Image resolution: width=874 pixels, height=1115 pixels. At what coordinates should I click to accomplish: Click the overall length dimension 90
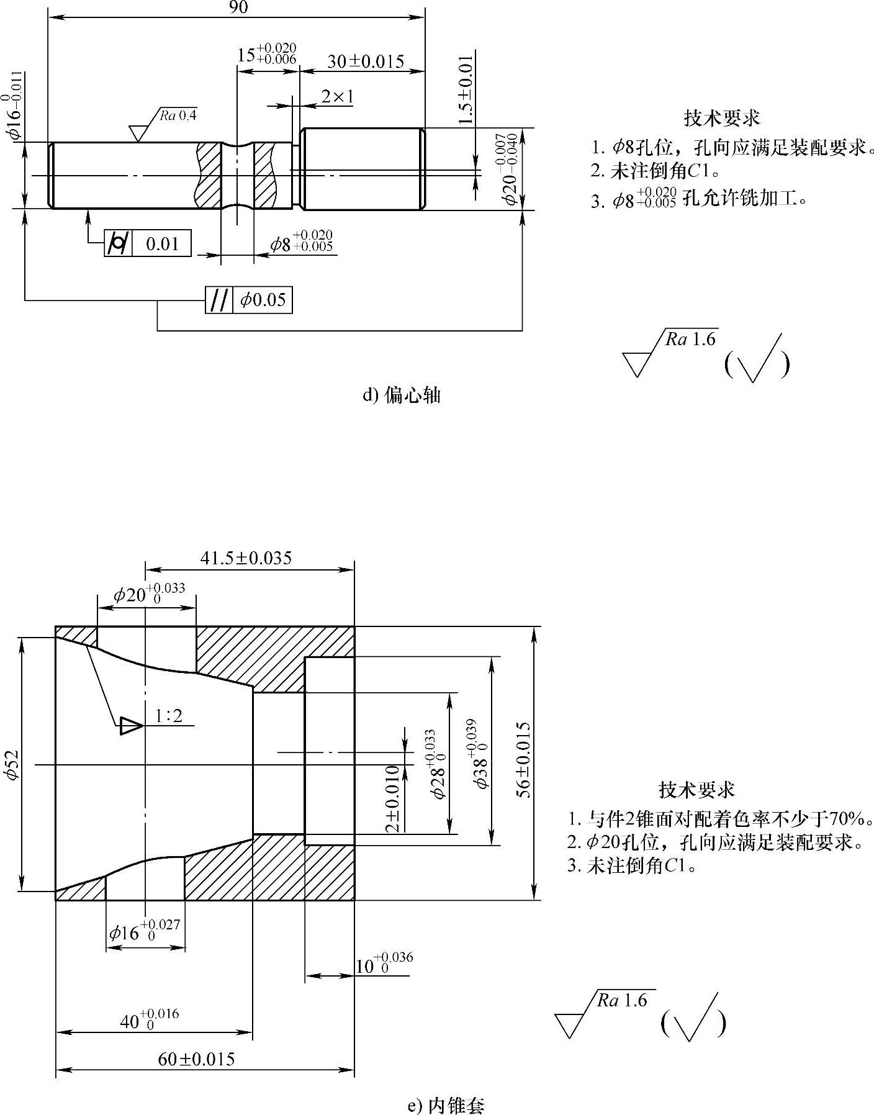click(238, 7)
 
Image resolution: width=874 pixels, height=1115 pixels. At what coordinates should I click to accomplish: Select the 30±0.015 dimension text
click(366, 61)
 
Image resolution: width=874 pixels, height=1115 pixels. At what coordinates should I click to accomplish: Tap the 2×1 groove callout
click(337, 96)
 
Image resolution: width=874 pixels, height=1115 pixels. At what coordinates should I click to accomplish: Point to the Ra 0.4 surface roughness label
click(178, 115)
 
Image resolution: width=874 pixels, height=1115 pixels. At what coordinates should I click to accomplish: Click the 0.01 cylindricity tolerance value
click(162, 244)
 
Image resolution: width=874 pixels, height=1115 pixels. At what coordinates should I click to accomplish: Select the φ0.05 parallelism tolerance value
click(263, 300)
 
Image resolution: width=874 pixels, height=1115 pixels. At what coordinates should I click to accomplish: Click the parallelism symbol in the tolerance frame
click(219, 300)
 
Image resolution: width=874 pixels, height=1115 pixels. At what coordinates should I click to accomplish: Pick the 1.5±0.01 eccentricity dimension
click(466, 89)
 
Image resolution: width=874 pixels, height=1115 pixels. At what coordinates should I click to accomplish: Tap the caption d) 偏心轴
click(401, 395)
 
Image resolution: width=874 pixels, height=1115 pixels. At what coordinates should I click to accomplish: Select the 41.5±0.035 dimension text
click(246, 557)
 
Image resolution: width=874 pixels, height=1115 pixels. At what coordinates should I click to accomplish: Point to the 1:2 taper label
click(169, 716)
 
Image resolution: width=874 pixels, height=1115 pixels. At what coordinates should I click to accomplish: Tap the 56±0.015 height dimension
click(525, 759)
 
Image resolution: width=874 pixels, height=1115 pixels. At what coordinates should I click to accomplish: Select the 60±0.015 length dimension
click(196, 1059)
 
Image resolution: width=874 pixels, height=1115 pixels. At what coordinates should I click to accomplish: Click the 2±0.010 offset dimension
click(392, 799)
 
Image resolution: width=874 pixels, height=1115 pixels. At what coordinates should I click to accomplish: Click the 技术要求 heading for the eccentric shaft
click(722, 117)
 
